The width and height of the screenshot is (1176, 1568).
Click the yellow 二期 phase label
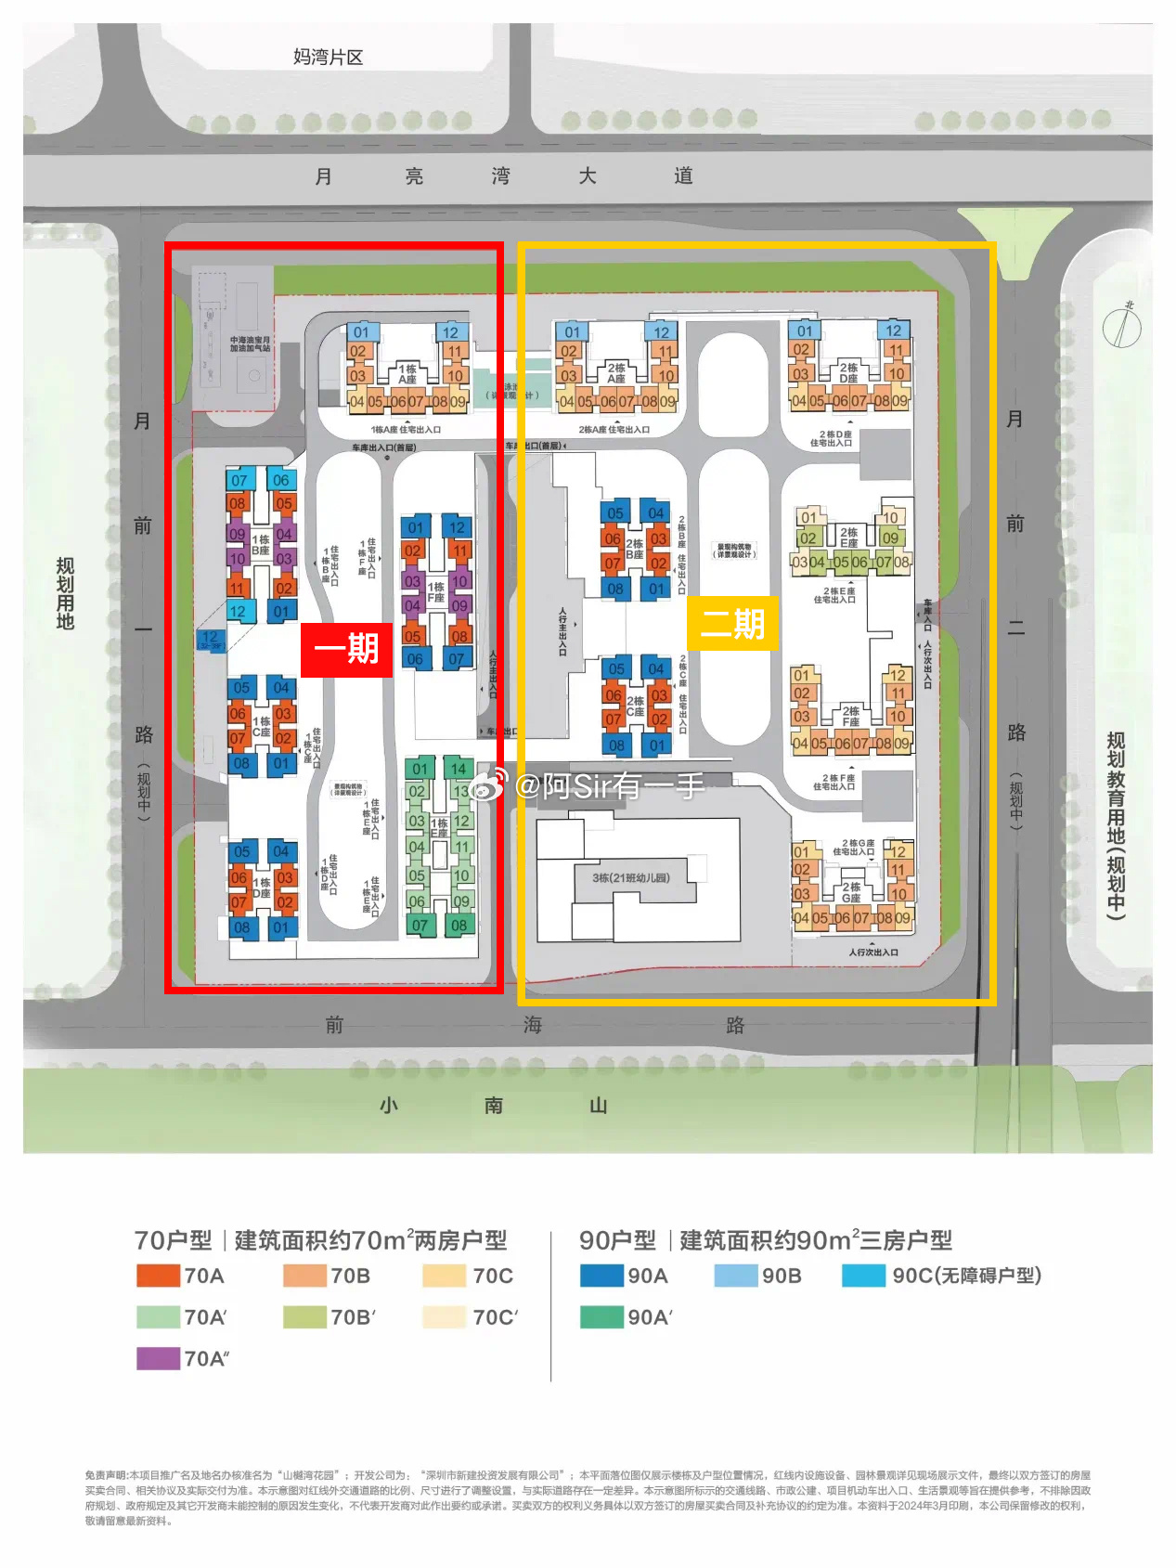732,623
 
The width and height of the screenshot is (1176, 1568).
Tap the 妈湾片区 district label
328,58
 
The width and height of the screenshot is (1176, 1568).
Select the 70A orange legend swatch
158,1276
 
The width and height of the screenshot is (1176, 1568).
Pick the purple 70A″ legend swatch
158,1358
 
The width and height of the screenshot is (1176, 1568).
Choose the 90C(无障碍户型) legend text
966,1276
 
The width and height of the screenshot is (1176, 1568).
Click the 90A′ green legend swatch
601,1316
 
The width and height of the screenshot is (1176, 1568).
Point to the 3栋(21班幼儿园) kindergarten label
631,877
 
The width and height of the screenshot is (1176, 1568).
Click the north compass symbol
1122,326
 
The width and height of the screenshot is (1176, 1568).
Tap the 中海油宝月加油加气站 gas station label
250,344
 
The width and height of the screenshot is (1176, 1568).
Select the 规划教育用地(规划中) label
1116,825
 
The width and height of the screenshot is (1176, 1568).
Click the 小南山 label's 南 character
494,1105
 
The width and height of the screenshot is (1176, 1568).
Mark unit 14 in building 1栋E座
459,769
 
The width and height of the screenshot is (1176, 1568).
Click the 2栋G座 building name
851,892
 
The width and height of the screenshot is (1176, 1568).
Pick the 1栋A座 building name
407,374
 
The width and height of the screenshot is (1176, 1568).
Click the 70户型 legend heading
173,1240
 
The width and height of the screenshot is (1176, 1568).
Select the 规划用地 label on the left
65,593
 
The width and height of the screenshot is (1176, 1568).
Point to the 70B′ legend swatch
304,1316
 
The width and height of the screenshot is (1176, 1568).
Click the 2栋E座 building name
849,538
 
